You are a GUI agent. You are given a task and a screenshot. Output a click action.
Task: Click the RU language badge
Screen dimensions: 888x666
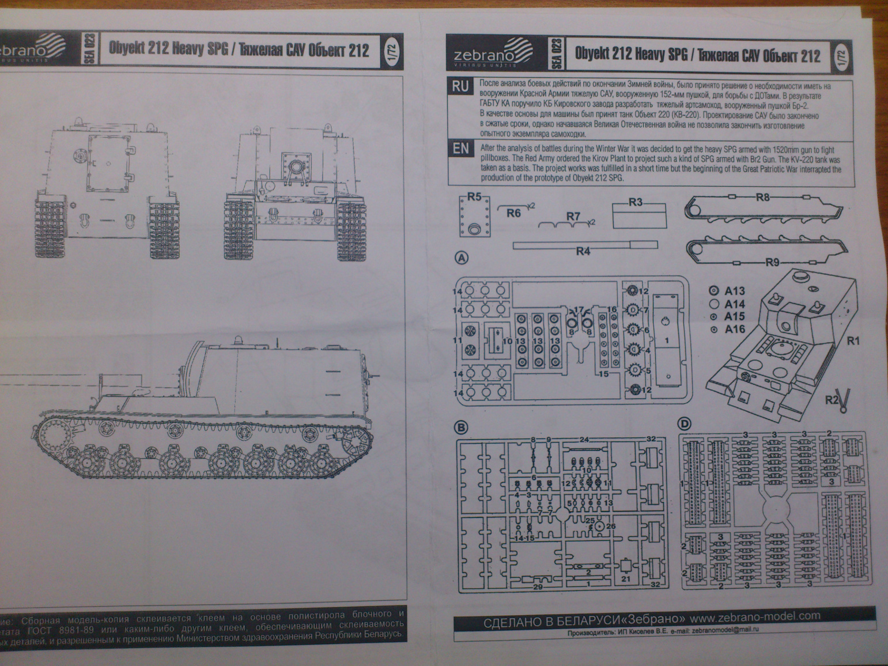click(460, 86)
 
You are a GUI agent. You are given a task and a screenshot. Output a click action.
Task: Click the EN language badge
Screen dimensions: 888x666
click(460, 148)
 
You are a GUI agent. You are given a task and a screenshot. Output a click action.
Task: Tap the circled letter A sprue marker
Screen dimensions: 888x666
click(462, 258)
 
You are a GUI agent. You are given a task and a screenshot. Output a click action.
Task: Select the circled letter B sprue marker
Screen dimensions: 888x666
click(461, 427)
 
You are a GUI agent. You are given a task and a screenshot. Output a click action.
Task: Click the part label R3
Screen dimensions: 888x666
click(636, 202)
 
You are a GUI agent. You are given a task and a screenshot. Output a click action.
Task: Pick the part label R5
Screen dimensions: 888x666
click(474, 197)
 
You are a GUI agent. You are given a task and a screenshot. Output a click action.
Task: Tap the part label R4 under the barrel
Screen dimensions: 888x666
click(583, 251)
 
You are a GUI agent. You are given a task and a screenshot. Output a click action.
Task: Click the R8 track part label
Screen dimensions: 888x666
click(762, 197)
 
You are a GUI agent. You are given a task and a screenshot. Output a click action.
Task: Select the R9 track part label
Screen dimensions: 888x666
click(772, 263)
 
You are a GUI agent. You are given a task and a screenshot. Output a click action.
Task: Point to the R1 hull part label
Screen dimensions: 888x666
click(853, 341)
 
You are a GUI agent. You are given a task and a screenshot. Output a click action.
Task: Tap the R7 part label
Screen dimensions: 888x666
click(573, 216)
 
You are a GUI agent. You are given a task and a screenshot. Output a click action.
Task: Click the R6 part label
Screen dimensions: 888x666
click(513, 213)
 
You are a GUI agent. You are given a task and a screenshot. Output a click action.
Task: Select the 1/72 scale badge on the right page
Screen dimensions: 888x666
click(842, 56)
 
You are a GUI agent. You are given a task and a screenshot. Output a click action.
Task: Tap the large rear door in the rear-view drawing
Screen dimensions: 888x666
click(108, 162)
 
